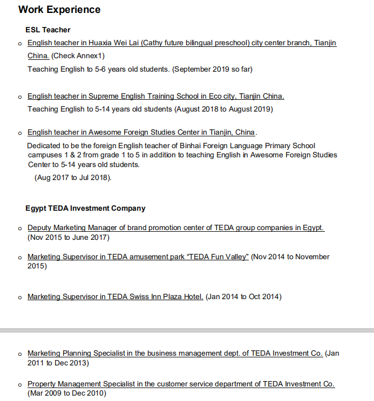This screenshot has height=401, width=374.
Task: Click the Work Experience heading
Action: click(x=59, y=10)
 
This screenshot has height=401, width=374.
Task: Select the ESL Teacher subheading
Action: click(x=48, y=30)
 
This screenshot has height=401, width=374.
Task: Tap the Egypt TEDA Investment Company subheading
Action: click(x=85, y=208)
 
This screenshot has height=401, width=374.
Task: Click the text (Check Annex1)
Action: click(x=78, y=56)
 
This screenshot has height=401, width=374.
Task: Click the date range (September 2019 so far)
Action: click(x=213, y=69)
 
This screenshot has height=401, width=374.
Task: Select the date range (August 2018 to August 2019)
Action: click(x=223, y=109)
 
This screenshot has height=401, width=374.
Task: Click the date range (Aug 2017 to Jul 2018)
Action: click(x=73, y=177)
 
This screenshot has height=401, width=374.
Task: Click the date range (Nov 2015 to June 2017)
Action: click(x=68, y=237)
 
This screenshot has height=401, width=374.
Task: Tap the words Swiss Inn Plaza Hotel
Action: click(x=166, y=296)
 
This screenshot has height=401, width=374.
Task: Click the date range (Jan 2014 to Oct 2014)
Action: click(x=243, y=296)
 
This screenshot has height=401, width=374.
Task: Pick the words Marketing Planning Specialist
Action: click(x=77, y=353)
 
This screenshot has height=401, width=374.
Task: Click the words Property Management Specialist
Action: click(x=80, y=384)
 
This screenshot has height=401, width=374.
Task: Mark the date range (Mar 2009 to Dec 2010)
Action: click(x=66, y=393)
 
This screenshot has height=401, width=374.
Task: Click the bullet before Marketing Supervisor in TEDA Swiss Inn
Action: click(x=20, y=297)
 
